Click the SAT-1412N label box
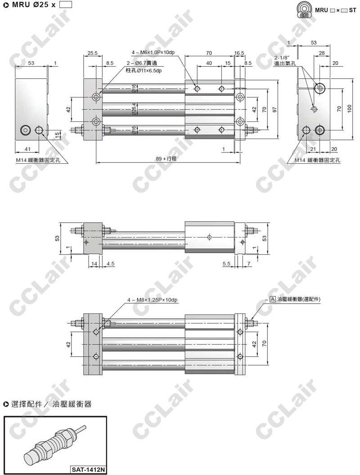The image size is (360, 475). coord(88,470)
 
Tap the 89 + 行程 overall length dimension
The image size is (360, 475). coord(166,158)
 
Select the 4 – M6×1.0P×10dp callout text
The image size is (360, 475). coord(153,53)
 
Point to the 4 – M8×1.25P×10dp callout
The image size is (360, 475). coord(153,300)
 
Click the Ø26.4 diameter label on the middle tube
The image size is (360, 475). coord(134,109)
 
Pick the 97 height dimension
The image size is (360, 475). coord(274,109)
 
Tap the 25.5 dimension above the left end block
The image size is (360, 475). coord(92,53)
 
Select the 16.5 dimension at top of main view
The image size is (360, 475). coord(239,53)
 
